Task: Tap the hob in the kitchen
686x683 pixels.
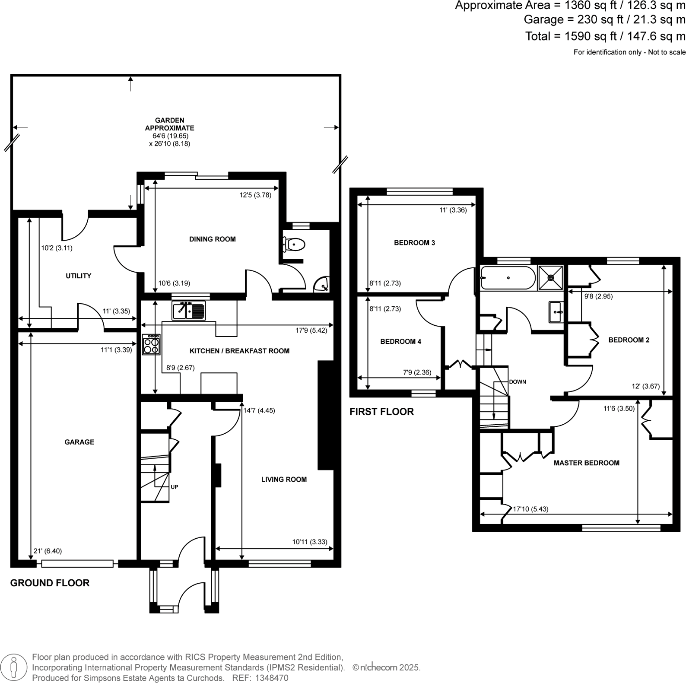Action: [151, 344]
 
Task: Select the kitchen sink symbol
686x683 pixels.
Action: [189, 310]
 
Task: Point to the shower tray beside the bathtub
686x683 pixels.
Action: [551, 278]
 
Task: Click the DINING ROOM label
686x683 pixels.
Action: [213, 239]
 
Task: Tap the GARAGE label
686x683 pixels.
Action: [79, 442]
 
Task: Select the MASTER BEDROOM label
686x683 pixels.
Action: [586, 463]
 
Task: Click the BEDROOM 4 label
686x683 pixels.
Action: [400, 341]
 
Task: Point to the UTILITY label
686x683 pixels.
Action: [78, 276]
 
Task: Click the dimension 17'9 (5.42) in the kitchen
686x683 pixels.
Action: [311, 330]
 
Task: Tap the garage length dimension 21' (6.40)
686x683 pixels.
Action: [48, 551]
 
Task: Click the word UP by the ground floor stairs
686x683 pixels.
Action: [174, 487]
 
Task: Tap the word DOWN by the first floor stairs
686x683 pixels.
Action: [518, 382]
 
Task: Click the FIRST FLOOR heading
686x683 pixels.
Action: [381, 412]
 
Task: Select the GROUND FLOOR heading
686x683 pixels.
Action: [50, 583]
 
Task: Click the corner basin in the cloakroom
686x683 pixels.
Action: [322, 284]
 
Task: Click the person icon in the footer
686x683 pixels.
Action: [15, 667]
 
